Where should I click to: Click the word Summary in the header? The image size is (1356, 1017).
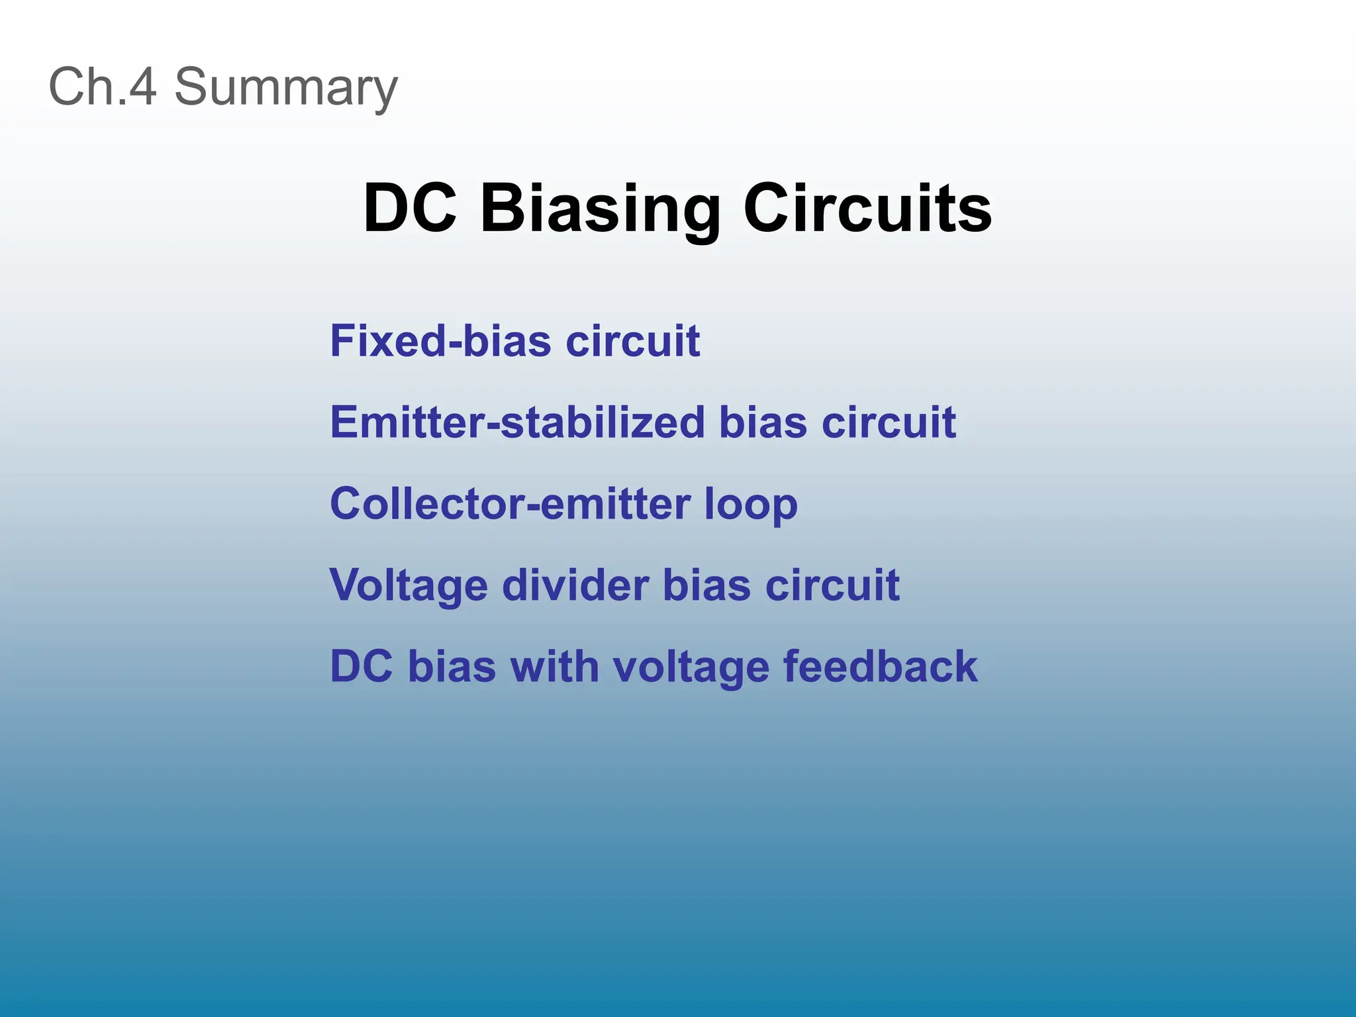point(285,87)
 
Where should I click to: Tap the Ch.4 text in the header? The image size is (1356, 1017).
point(103,87)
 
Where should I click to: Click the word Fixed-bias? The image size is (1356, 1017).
point(440,342)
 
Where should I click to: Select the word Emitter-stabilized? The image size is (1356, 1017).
point(517,422)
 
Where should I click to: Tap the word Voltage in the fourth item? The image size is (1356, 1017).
point(409,587)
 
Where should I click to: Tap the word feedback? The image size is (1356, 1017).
point(881,667)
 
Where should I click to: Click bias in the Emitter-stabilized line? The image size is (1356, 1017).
point(763,422)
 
